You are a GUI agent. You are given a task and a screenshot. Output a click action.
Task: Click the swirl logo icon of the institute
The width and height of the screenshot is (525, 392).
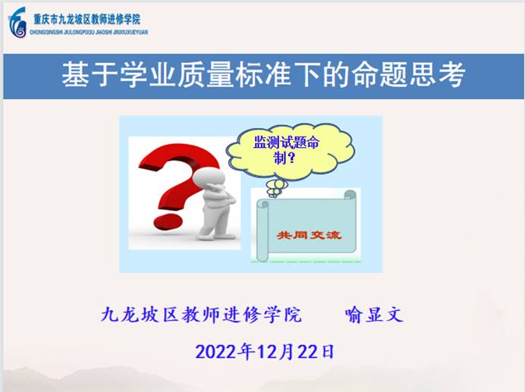click(17, 23)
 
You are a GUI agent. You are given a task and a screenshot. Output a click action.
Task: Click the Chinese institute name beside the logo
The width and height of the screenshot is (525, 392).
click(86, 19)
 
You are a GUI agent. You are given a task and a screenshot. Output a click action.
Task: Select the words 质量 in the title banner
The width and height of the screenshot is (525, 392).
click(205, 74)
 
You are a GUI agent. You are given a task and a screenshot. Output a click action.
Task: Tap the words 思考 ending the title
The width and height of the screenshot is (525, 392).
click(436, 74)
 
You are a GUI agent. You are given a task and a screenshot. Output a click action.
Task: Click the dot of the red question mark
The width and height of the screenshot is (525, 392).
click(168, 221)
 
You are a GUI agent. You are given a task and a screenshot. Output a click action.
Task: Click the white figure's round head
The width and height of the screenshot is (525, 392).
click(209, 177)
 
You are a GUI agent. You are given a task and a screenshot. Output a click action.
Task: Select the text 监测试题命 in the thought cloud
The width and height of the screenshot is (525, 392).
click(286, 143)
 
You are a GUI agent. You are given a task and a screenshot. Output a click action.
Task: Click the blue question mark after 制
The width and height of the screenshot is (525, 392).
click(291, 158)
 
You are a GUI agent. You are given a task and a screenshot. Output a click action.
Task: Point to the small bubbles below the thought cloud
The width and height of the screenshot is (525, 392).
click(276, 188)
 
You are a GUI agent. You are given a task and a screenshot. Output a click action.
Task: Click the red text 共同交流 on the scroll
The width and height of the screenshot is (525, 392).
click(309, 235)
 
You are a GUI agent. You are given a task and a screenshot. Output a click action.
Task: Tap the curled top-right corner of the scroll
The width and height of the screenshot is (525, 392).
click(350, 195)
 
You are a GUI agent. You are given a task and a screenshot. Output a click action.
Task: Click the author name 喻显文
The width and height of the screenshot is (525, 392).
click(374, 315)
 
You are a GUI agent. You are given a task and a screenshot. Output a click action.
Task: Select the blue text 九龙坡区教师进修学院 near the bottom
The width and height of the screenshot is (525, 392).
click(201, 315)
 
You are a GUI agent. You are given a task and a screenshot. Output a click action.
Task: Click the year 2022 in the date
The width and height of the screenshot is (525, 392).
click(217, 352)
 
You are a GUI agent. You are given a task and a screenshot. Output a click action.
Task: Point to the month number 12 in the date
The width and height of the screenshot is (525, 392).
click(266, 352)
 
